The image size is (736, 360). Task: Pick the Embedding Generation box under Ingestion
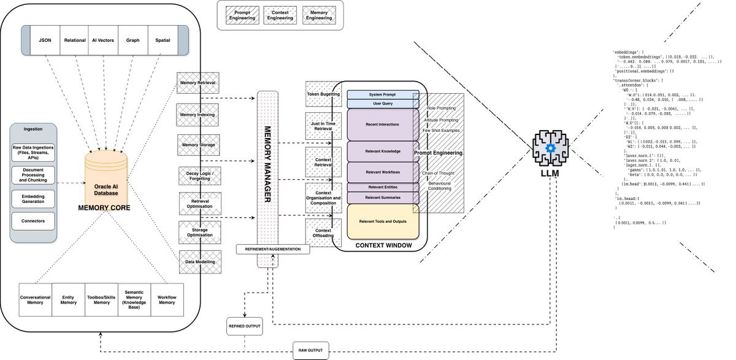(x=33, y=198)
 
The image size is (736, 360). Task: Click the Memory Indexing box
(x=197, y=114)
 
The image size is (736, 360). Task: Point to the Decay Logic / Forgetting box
(x=198, y=176)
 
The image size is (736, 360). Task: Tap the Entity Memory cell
(x=69, y=299)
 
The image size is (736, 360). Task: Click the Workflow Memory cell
(x=167, y=299)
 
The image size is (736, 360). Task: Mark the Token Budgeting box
(x=323, y=94)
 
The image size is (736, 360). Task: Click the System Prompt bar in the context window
(x=383, y=94)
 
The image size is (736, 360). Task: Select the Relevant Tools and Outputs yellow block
(x=383, y=221)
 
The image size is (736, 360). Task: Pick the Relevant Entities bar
(x=383, y=187)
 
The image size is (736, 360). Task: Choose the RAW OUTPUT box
(x=311, y=351)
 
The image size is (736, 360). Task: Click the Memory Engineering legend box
(x=319, y=14)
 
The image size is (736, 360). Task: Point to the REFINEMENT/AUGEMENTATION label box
(x=273, y=249)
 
